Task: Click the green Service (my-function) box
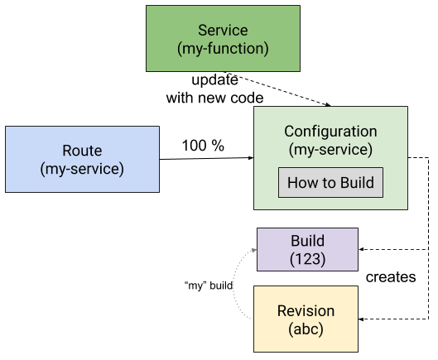(x=223, y=39)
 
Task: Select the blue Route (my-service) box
(x=83, y=159)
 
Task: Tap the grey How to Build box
(x=330, y=183)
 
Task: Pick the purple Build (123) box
(x=307, y=249)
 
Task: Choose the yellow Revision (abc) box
(x=306, y=319)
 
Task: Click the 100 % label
(x=203, y=146)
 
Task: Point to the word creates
(x=391, y=277)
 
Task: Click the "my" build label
(x=209, y=286)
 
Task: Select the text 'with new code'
(x=214, y=98)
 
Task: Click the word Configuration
(x=330, y=132)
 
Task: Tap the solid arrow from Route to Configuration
(x=207, y=159)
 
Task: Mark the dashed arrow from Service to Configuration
(x=278, y=89)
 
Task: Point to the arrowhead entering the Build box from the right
(x=361, y=249)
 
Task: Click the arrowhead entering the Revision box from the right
(x=361, y=319)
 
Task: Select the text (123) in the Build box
(x=307, y=259)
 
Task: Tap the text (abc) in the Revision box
(x=306, y=329)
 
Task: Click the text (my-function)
(x=223, y=49)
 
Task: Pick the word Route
(x=82, y=151)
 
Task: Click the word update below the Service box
(x=214, y=80)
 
